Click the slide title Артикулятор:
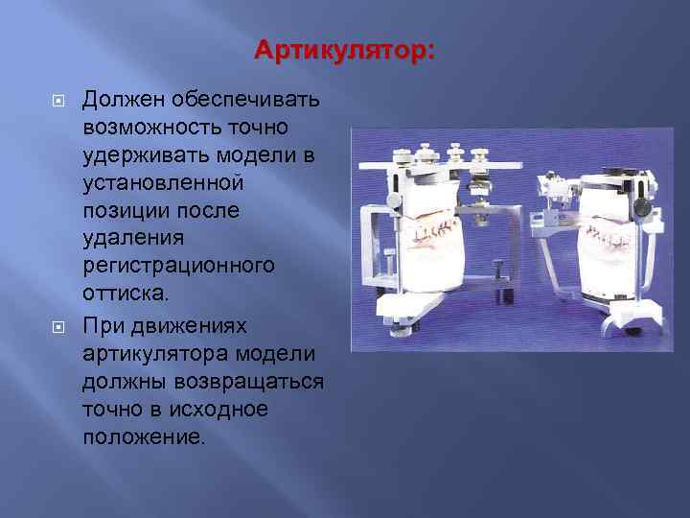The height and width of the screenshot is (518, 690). [344, 49]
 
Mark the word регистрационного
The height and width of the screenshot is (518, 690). [179, 264]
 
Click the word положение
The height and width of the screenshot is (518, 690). [144, 436]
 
